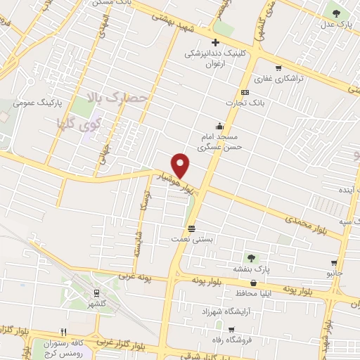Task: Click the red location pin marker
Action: click(181, 166)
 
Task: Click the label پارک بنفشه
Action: click(252, 268)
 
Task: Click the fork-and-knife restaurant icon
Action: click(64, 331)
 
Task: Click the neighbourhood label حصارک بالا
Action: click(117, 98)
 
